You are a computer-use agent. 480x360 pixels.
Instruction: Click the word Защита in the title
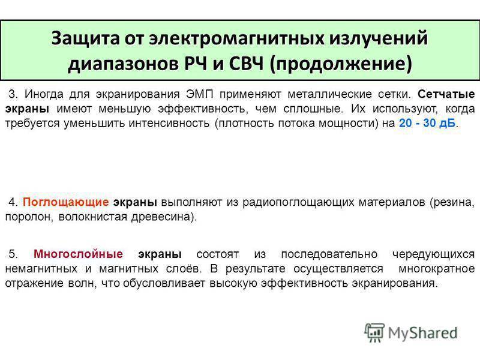pos(86,39)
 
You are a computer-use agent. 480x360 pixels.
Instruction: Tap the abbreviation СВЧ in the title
pos(247,64)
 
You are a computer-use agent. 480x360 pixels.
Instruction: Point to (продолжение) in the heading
pos(341,64)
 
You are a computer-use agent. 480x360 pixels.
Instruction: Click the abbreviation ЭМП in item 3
pos(199,94)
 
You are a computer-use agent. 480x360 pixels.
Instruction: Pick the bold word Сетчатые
pos(446,94)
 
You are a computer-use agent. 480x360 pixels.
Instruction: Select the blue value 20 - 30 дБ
pos(427,123)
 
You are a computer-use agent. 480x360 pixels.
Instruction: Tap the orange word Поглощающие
pos(65,202)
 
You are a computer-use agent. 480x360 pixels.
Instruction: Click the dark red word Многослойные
pos(78,254)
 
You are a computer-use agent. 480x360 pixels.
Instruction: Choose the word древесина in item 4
pos(162,217)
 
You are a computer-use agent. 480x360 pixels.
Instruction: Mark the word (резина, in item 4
pos(452,203)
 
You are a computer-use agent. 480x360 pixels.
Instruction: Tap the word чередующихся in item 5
pos(433,254)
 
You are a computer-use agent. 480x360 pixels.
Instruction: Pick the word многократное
pos(437,269)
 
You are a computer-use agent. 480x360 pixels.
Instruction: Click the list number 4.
pos(13,202)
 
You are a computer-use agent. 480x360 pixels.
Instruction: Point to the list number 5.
pos(13,254)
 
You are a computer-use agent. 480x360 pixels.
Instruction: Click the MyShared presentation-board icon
pos(374,332)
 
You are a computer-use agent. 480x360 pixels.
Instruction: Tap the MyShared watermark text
pos(423,333)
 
